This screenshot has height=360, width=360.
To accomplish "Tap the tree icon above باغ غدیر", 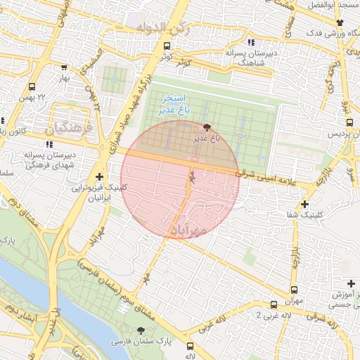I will point(207,127).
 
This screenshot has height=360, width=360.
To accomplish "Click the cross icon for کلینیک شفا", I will point(304,205).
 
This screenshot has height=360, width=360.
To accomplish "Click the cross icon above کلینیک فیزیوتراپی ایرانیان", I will point(100,177).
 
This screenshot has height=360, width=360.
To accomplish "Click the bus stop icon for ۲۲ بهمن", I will point(31,86).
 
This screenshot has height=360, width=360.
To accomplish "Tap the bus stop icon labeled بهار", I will point(65,67).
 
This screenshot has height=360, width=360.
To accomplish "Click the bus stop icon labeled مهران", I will point(293,290).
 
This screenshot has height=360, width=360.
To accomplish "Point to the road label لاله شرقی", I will point(322,319).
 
